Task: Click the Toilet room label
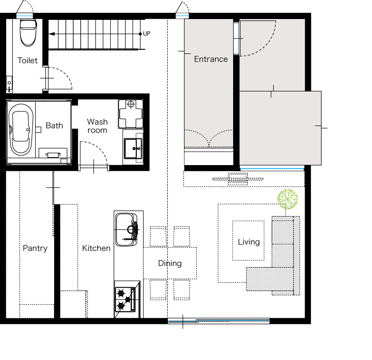(28, 60)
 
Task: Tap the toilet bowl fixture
(28, 33)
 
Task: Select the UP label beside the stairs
(147, 34)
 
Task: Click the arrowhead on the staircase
(52, 34)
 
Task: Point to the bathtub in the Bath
(21, 130)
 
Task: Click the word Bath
(54, 125)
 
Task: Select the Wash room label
(97, 126)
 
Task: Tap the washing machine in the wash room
(131, 114)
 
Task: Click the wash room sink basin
(133, 149)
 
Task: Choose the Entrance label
(211, 59)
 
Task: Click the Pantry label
(35, 248)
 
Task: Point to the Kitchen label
(96, 248)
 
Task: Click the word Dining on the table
(170, 263)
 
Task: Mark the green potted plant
(288, 199)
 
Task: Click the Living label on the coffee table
(249, 242)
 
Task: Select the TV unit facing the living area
(238, 179)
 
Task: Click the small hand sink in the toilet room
(9, 84)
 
